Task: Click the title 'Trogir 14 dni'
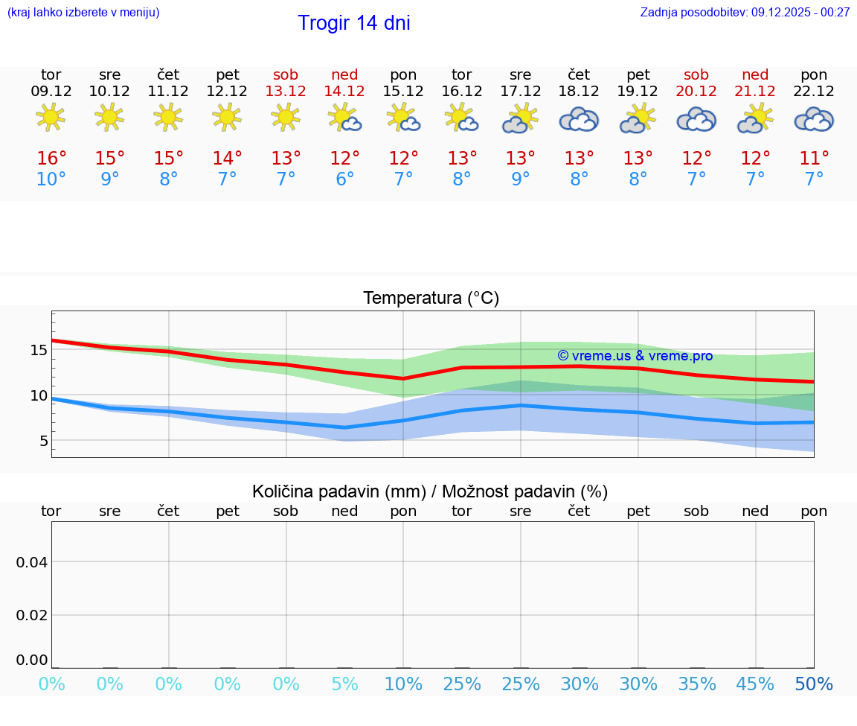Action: pos(353,23)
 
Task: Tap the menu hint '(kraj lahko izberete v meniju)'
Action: pos(83,12)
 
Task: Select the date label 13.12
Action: pos(286,91)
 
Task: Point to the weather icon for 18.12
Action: pos(579,119)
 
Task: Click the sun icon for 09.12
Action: pos(51,117)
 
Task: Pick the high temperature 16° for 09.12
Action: pos(51,159)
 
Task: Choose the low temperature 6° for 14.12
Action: pos(344,179)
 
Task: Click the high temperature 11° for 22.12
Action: pos(814,159)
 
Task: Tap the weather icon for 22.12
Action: pos(814,119)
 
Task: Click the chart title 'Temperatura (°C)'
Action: pos(431,299)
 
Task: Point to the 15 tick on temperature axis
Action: pos(39,350)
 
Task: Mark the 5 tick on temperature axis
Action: pos(43,441)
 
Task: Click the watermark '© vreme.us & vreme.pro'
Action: pos(635,356)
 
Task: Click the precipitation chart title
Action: pos(430,491)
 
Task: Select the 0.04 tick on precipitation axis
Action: pos(32,561)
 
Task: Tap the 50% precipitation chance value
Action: pos(814,684)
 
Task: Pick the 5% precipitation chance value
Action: pos(344,684)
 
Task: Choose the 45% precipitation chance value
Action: pos(755,684)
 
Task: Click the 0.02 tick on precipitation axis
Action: pos(32,614)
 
